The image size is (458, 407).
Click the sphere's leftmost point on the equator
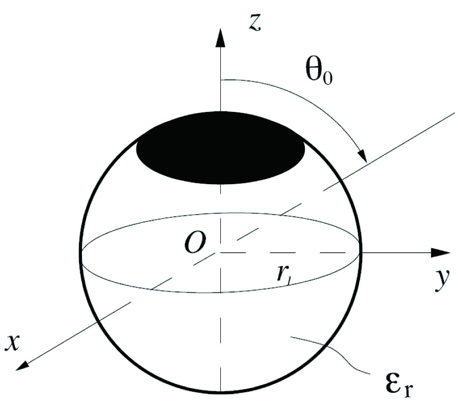click(81, 253)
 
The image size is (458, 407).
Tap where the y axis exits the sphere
click(361, 252)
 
